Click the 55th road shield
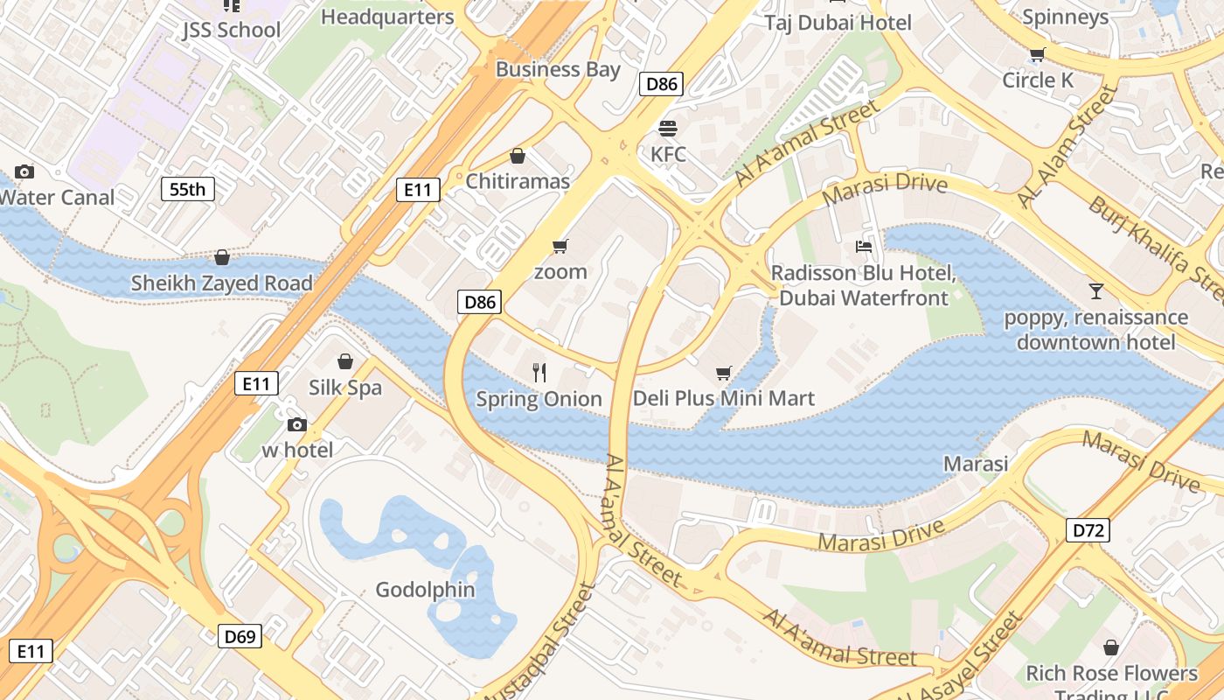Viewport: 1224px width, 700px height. tap(187, 188)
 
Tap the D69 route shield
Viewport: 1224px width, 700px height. tap(240, 636)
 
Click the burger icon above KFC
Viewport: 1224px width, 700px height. tap(668, 129)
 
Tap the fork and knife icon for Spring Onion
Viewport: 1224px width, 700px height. tap(539, 373)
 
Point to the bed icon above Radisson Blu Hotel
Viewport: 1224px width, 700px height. tap(864, 247)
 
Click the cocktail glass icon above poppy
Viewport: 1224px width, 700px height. tap(1096, 290)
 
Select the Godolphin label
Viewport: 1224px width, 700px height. tap(425, 590)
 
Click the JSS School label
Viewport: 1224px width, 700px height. tap(232, 30)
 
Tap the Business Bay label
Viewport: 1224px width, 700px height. tap(558, 69)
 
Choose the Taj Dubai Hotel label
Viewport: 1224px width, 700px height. tap(838, 23)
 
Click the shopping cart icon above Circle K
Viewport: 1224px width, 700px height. tap(1038, 55)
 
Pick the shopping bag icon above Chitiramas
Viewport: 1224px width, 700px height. tap(518, 157)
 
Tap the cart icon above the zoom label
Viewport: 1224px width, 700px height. tap(560, 247)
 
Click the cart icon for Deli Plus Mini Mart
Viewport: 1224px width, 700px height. tap(724, 374)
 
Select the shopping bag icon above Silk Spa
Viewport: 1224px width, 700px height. tap(345, 361)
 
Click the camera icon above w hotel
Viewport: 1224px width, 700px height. tap(297, 424)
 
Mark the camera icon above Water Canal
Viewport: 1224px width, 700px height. tap(24, 171)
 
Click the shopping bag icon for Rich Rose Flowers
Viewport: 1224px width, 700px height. tap(1111, 647)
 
